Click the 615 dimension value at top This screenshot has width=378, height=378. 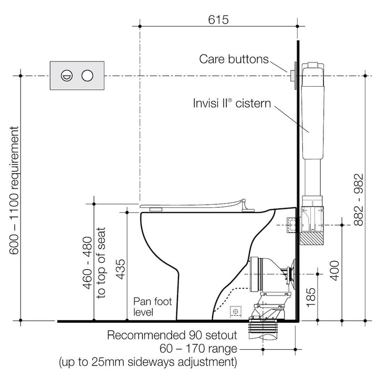click(219, 20)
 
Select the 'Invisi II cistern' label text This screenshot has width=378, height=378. click(232, 103)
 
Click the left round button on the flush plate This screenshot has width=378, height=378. click(67, 76)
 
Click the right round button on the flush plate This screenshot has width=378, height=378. click(87, 76)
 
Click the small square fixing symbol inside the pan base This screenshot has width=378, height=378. click(236, 311)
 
